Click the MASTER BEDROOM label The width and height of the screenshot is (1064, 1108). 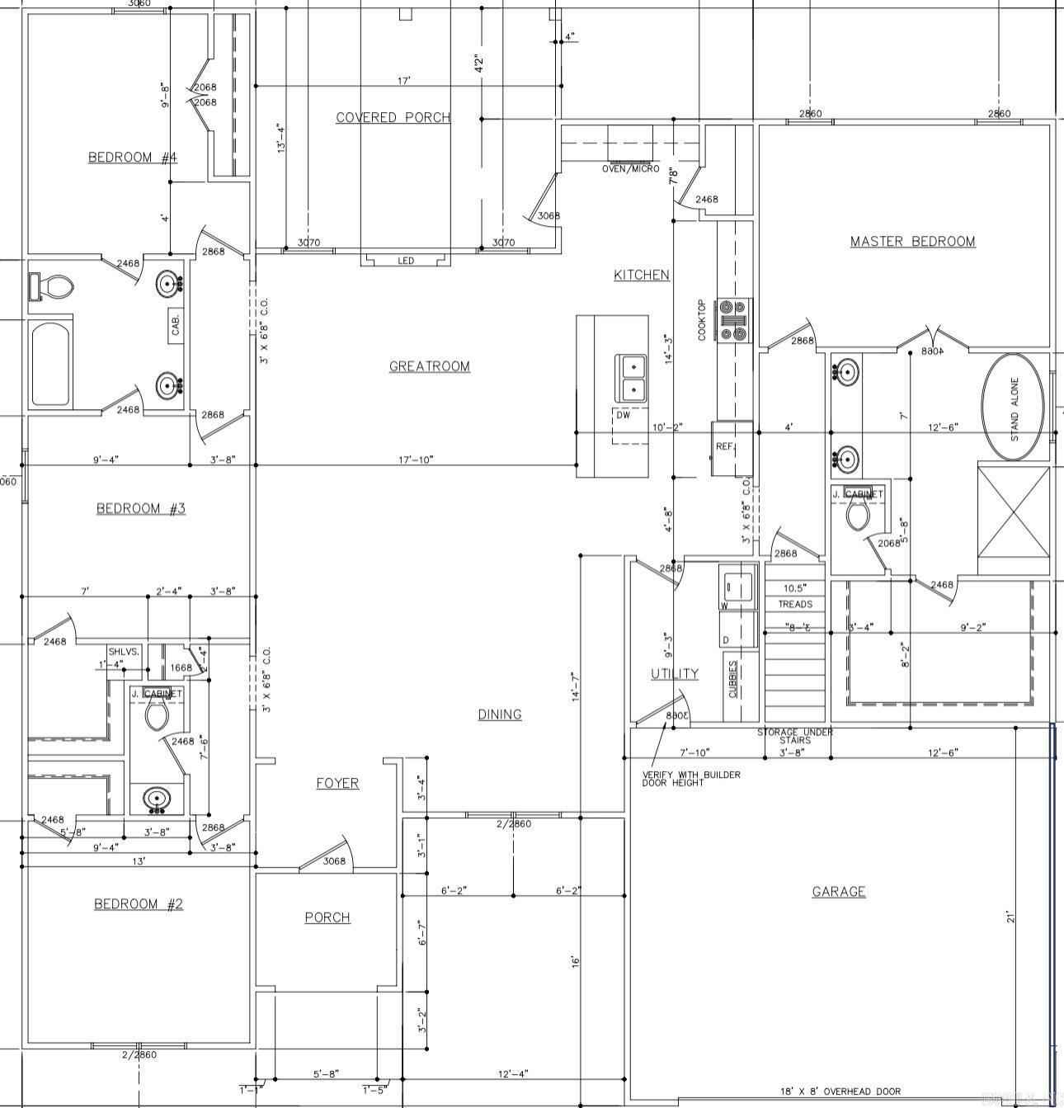tap(912, 242)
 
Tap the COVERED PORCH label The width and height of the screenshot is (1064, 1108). tap(393, 118)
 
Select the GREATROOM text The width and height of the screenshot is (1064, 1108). tap(429, 366)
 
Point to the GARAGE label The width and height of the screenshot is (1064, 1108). tap(839, 891)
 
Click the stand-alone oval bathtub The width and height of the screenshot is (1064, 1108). tap(1013, 408)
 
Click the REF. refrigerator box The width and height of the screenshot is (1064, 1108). tap(731, 448)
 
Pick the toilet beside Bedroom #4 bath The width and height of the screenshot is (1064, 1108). tap(54, 286)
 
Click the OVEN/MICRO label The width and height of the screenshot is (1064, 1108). tap(630, 169)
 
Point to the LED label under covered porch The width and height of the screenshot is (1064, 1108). tap(406, 261)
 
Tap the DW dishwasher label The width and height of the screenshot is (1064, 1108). tap(624, 416)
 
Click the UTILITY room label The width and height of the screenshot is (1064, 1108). tap(674, 674)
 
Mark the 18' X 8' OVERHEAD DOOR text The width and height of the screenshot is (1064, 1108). tap(840, 1091)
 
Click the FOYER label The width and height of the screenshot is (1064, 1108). tap(337, 783)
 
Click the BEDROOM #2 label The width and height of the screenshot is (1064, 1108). tap(138, 904)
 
